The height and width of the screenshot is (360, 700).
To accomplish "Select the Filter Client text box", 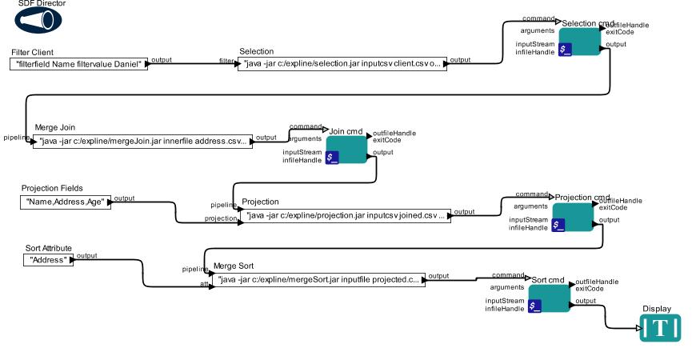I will pos(79,63).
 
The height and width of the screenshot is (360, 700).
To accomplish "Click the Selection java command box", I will pos(342,63).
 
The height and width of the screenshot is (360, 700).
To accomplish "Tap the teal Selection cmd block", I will pos(580,41).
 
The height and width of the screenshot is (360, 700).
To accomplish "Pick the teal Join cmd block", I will pos(346,149).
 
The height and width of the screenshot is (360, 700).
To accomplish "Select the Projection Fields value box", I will pos(65,202).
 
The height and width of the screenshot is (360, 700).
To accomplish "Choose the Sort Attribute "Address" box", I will pos(49,260).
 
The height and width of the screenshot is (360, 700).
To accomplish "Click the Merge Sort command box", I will pos(319,279).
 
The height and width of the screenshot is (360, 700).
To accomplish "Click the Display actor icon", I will pos(660,328).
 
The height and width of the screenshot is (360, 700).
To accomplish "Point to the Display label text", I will pos(657,309).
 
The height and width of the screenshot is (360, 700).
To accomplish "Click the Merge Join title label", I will pos(55,127).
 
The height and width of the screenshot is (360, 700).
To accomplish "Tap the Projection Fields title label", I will pos(52,188).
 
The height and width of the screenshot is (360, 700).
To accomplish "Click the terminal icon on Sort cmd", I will pos(534,305).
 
